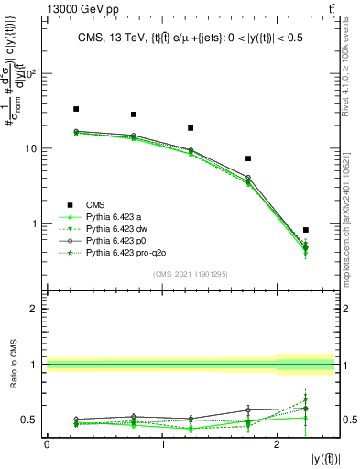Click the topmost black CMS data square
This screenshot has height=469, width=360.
click(x=76, y=109)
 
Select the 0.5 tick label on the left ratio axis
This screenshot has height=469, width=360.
click(x=32, y=420)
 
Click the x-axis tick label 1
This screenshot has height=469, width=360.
click(x=162, y=444)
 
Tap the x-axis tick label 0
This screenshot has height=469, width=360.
click(x=47, y=444)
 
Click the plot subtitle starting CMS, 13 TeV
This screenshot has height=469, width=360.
click(x=190, y=38)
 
